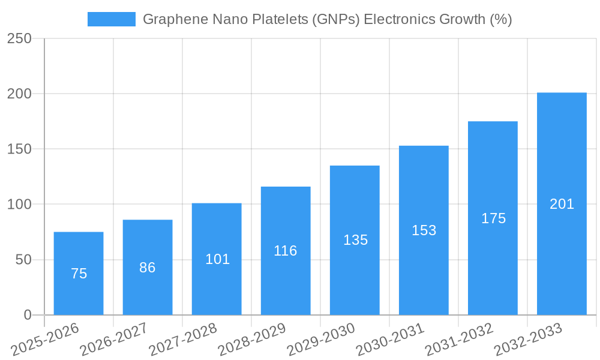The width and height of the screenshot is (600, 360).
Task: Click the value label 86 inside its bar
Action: tap(148, 268)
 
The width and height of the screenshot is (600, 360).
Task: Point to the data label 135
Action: tap(356, 240)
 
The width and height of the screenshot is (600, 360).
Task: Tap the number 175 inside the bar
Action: tap(494, 218)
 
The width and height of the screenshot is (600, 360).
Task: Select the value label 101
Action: tap(218, 259)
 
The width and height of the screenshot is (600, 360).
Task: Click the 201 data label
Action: tap(562, 204)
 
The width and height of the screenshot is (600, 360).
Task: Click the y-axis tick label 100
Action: tap(20, 205)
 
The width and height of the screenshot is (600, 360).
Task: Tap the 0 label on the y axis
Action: tap(28, 315)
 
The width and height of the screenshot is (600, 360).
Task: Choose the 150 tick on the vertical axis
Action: tap(20, 149)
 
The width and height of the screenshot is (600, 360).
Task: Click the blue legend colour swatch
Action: tap(112, 19)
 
